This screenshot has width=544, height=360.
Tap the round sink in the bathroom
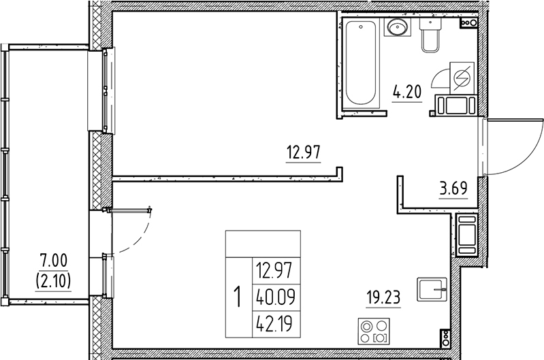(397, 28)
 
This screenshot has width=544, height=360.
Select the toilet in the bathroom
(430, 37)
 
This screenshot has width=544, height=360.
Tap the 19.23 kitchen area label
(382, 297)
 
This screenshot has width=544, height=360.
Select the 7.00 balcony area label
(54, 261)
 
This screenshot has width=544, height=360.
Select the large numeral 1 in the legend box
(238, 297)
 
